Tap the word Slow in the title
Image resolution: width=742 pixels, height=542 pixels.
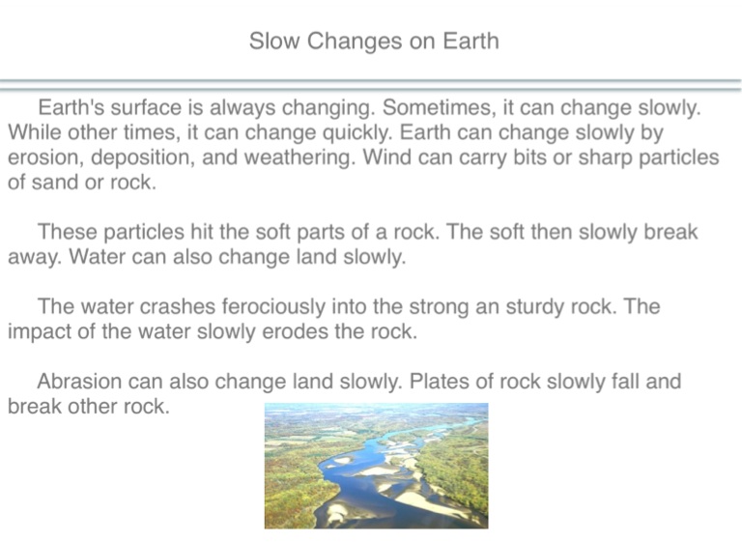tap(274, 41)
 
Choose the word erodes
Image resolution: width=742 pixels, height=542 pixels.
tap(295, 331)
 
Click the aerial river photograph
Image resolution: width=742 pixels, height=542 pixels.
tap(376, 466)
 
